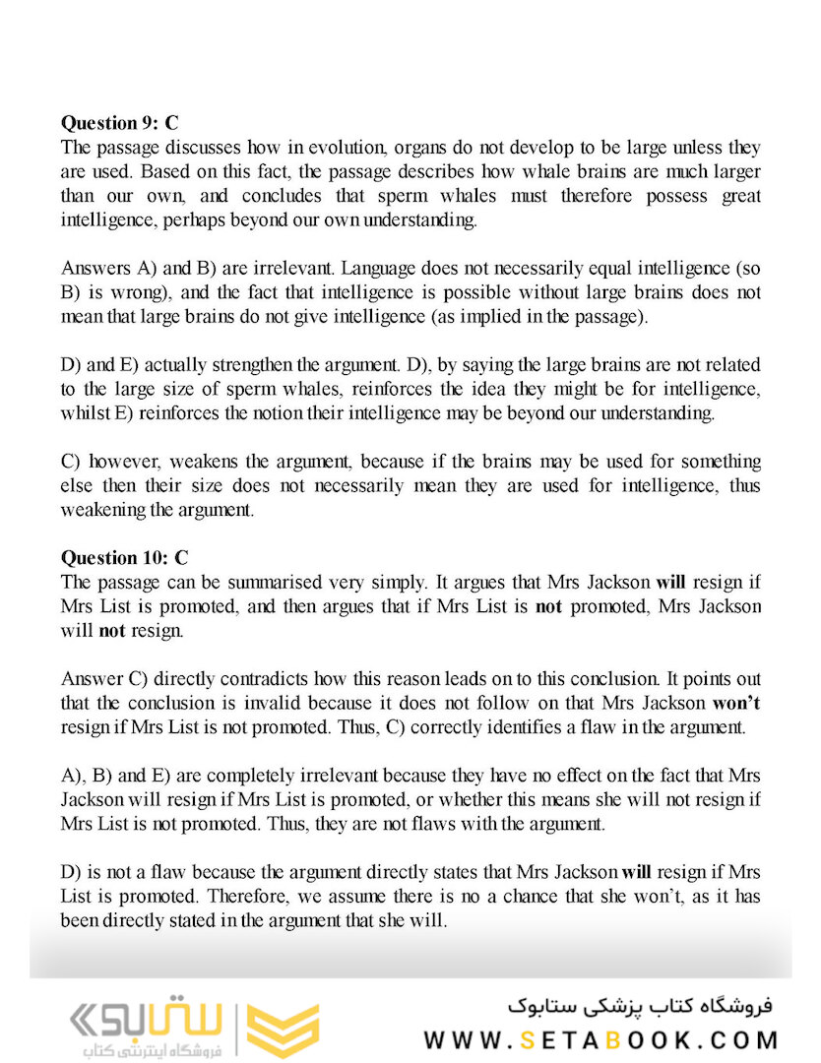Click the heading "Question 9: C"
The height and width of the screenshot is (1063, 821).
pyautogui.click(x=119, y=123)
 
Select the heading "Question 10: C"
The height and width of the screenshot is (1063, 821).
pyautogui.click(x=124, y=558)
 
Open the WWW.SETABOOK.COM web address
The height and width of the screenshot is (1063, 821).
pyautogui.click(x=600, y=1039)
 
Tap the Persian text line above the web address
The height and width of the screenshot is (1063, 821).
pyautogui.click(x=641, y=1006)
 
